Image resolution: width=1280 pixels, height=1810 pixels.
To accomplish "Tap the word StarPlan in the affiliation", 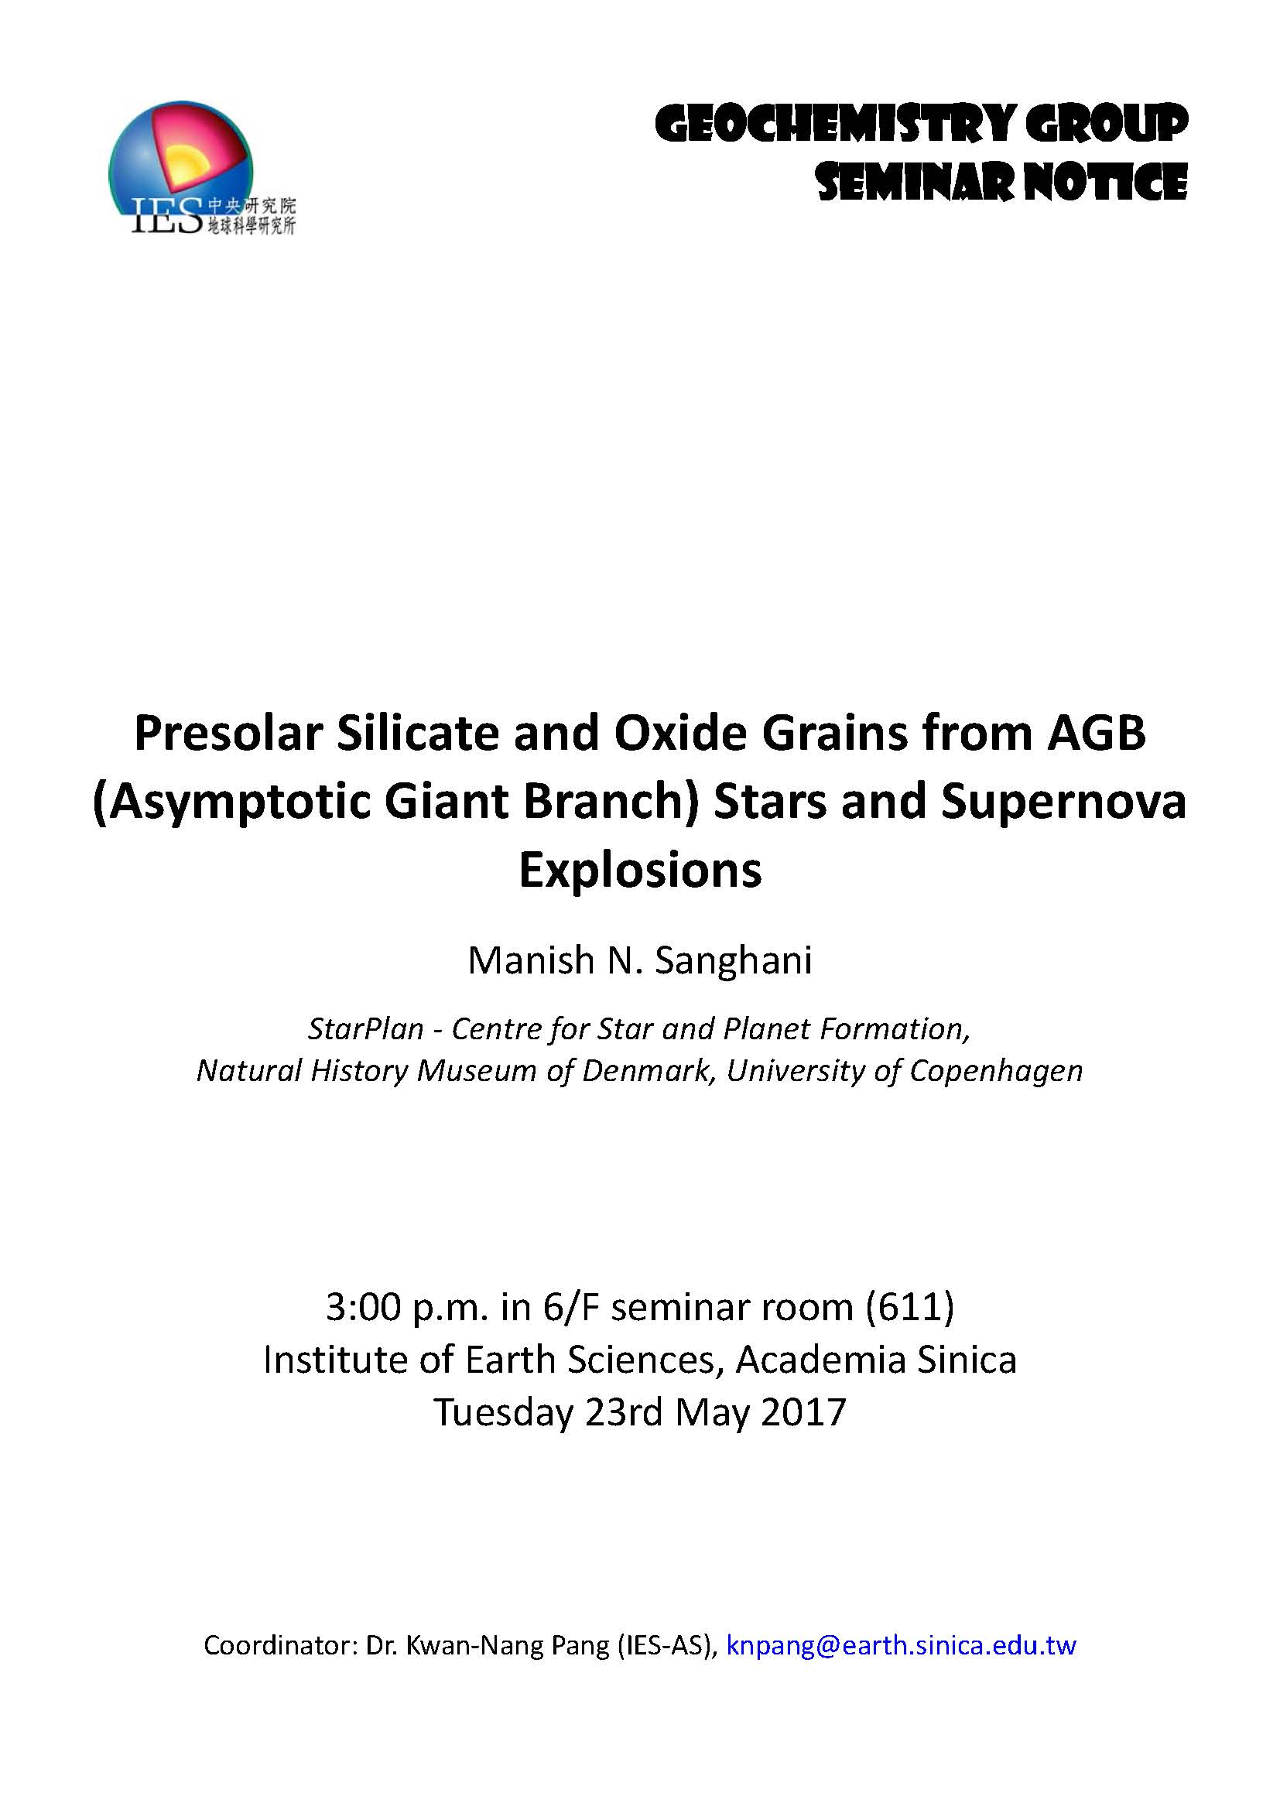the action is click(366, 1028).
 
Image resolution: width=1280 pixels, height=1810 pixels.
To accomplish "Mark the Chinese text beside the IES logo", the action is click(251, 216).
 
